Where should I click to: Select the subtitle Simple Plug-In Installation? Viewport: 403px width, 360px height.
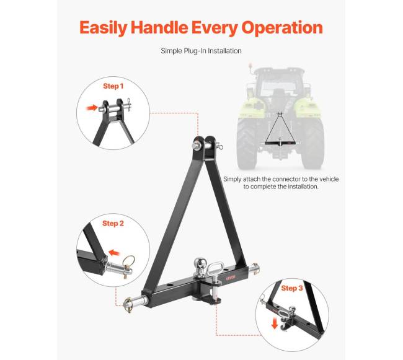(x=201, y=51)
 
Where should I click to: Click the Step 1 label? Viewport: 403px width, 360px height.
(x=113, y=86)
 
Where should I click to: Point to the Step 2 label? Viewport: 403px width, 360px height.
(x=113, y=223)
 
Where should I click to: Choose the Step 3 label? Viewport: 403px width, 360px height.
(x=293, y=288)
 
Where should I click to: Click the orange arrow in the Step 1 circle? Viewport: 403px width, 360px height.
(x=93, y=108)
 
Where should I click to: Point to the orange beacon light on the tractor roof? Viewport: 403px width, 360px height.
(x=250, y=63)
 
